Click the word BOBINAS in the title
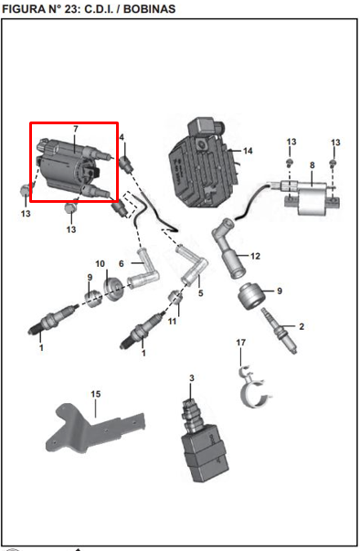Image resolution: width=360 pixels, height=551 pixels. [x=149, y=8]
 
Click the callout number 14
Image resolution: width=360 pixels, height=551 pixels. [x=248, y=151]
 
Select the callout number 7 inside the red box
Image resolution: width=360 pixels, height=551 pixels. [x=76, y=129]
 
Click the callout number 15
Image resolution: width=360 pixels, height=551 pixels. [x=96, y=394]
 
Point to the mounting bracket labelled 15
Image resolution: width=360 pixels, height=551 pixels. [x=95, y=429]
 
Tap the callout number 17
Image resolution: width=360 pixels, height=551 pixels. [x=241, y=343]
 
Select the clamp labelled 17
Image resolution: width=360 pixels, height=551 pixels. [x=254, y=389]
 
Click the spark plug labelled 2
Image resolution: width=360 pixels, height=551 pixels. [x=280, y=331]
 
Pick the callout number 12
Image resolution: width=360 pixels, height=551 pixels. [x=255, y=256]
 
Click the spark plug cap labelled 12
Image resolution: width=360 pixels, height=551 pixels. [x=228, y=248]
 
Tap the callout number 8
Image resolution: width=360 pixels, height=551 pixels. [x=312, y=165]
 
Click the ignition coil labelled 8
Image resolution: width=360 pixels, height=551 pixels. [x=311, y=196]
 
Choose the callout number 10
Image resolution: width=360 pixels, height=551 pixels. [x=101, y=263]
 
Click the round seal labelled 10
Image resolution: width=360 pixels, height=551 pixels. [x=114, y=289]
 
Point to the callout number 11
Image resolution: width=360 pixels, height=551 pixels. [x=172, y=321]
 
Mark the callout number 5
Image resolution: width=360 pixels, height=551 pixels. [x=200, y=292]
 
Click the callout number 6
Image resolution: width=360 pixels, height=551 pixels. [x=122, y=263]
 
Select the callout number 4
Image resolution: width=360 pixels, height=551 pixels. [x=122, y=137]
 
